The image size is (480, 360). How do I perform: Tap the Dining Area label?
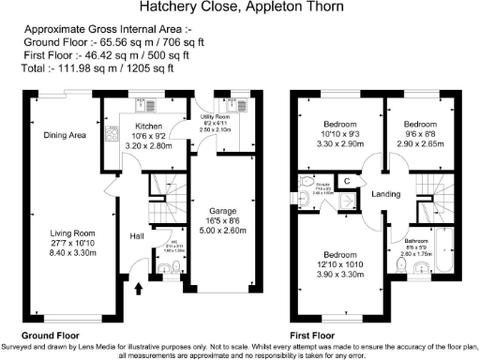(x=65, y=136)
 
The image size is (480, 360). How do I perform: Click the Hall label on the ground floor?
(x=136, y=235)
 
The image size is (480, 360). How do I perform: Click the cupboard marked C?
(x=346, y=180)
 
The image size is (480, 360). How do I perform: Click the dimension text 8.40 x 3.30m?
(x=72, y=252)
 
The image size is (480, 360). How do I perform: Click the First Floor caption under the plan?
(x=313, y=335)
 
